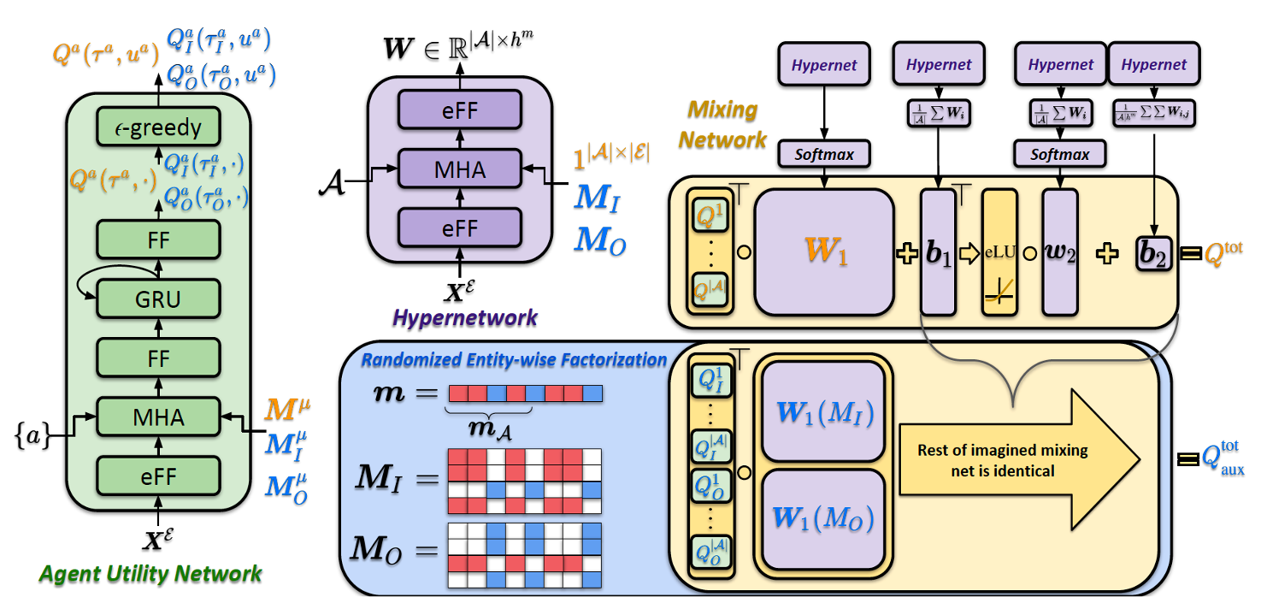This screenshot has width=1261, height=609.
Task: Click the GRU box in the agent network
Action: tap(159, 299)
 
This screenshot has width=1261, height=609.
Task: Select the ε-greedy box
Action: tap(159, 128)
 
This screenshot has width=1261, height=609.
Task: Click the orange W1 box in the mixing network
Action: tap(823, 253)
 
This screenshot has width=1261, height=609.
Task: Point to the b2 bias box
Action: tap(1152, 253)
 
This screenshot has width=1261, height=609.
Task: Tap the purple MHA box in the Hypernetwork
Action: tap(461, 169)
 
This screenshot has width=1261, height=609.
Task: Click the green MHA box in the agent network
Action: tap(159, 417)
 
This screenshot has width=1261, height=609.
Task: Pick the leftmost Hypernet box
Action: tap(823, 65)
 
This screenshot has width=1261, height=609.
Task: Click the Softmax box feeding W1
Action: tap(823, 154)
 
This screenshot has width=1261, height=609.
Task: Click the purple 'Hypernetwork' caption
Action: tap(465, 318)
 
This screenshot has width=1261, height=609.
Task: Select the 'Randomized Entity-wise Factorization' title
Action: tap(513, 359)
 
